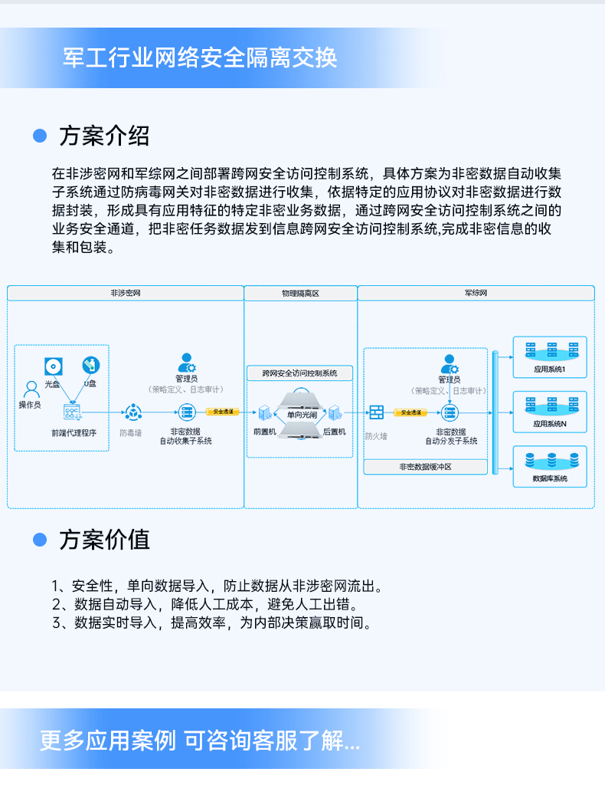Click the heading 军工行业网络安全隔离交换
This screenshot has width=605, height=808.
point(200,58)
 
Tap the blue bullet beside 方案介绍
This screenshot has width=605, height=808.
point(40,136)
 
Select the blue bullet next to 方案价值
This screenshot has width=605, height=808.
point(40,540)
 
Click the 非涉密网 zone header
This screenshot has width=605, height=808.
point(126,294)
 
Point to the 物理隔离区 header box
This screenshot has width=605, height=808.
point(300,294)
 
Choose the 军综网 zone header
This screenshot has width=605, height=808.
point(476,294)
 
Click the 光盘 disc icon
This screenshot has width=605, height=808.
point(52,366)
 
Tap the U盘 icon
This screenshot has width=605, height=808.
point(90,366)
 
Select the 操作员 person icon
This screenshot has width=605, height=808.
point(31,389)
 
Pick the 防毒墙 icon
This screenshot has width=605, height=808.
point(134,412)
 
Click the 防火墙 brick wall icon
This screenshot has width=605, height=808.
point(376,412)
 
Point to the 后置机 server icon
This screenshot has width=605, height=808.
point(334,413)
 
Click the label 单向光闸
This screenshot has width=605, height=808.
point(300,415)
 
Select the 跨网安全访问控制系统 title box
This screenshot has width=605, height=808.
point(300,373)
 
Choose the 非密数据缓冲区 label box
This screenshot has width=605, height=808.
point(425,466)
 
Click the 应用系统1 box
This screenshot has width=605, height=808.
point(549,357)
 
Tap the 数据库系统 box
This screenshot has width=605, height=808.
point(549,466)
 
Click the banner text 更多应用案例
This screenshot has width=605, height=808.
point(107,741)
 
